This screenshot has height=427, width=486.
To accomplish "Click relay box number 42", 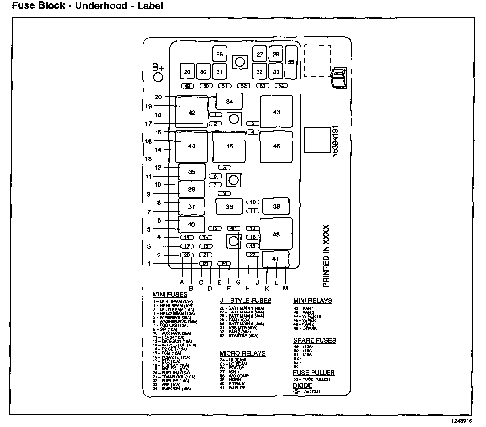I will (192, 112).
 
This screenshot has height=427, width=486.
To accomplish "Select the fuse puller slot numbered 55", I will (291, 62).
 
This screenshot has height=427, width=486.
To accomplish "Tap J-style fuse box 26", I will (219, 54).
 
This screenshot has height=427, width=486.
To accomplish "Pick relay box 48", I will (276, 234).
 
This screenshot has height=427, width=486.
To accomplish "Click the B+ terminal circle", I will (158, 77).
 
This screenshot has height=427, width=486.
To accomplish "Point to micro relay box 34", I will (229, 101).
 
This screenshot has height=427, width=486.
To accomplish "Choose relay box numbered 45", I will (229, 146).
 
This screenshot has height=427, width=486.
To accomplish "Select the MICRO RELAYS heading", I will (242, 353).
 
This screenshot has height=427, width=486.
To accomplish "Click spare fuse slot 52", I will (244, 86).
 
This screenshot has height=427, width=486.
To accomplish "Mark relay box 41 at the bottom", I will (276, 259).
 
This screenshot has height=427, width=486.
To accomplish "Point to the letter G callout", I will (238, 282).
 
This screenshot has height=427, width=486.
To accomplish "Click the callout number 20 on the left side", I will (158, 97).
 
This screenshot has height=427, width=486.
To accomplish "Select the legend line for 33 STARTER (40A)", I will (239, 336).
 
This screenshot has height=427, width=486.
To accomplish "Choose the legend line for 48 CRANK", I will (305, 328).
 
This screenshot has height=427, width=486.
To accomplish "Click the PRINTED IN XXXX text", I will (326, 256).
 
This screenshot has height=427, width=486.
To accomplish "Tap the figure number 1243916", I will (462, 421).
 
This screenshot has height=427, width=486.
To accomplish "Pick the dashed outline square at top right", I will (317, 60).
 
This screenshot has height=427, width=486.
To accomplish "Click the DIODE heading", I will (302, 385).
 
